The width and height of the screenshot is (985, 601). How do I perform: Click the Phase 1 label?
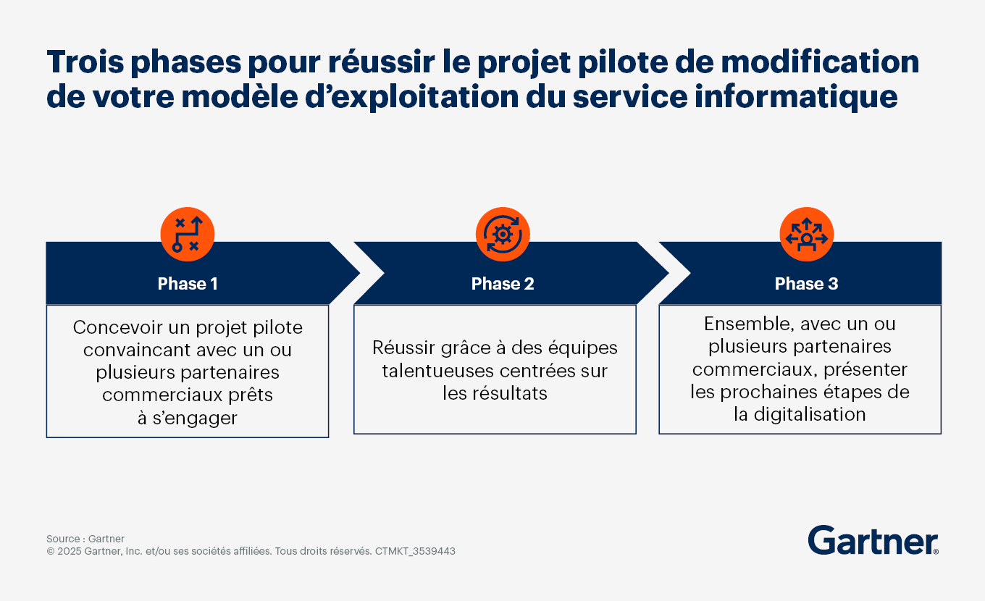(188, 284)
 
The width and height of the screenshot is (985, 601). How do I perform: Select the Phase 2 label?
(503, 284)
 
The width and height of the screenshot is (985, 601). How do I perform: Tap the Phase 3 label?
(807, 284)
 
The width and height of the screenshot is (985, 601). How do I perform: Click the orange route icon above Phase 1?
(188, 235)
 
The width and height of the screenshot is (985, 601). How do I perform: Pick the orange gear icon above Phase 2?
(503, 235)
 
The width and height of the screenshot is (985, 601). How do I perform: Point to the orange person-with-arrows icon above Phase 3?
(807, 235)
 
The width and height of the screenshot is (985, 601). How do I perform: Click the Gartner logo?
(873, 540)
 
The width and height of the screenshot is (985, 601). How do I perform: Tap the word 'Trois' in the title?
(85, 62)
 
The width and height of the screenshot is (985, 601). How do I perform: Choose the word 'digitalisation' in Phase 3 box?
(810, 415)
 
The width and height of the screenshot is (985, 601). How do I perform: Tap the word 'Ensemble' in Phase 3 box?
(748, 324)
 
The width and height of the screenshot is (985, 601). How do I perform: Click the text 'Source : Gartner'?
(85, 539)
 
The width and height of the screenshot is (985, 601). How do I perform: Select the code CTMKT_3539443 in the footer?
(415, 551)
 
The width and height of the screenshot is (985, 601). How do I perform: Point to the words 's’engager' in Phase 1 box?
(195, 418)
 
